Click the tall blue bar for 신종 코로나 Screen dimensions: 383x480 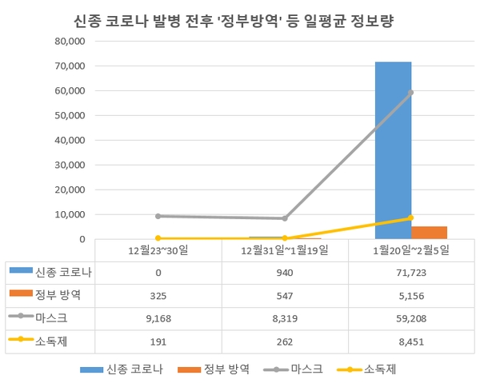pos(393,150)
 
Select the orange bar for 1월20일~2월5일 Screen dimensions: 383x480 pos(429,233)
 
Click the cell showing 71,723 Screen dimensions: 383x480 pos(411,272)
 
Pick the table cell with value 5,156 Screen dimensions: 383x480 pos(411,295)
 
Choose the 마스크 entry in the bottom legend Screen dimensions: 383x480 pos(298,369)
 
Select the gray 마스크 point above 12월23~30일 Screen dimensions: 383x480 pos(158,216)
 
